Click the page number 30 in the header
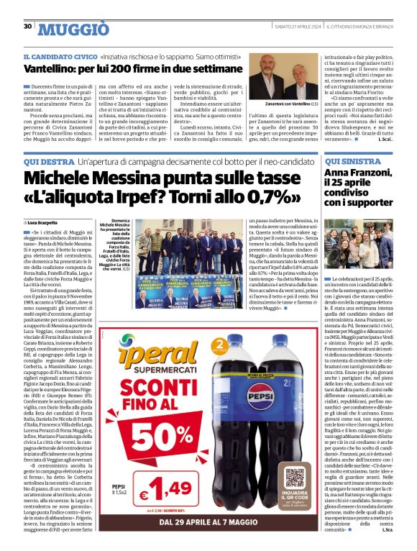coord(27,27)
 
